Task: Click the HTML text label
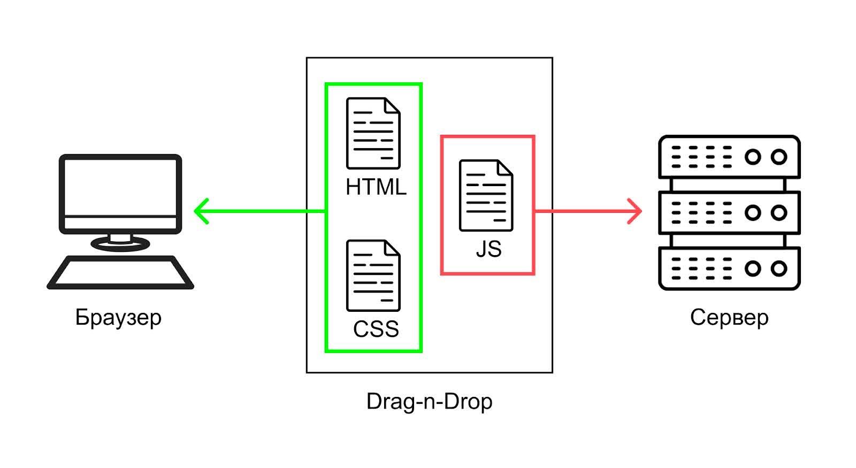tap(376, 187)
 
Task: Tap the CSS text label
tap(376, 329)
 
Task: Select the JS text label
tap(488, 249)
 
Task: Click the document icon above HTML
tap(373, 134)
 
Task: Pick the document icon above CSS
tap(373, 275)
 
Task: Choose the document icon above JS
tap(486, 196)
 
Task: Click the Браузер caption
tap(118, 317)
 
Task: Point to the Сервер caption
tap(729, 317)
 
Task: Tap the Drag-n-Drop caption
tap(429, 401)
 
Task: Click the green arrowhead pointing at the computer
tap(200, 211)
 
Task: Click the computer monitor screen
tap(120, 187)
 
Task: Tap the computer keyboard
tap(120, 273)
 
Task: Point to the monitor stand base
tap(120, 244)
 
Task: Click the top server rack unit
tap(729, 157)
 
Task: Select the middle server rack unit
tap(729, 212)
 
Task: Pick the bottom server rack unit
tap(729, 268)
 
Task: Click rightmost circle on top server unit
tap(779, 157)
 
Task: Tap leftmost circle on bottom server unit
tap(752, 268)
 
